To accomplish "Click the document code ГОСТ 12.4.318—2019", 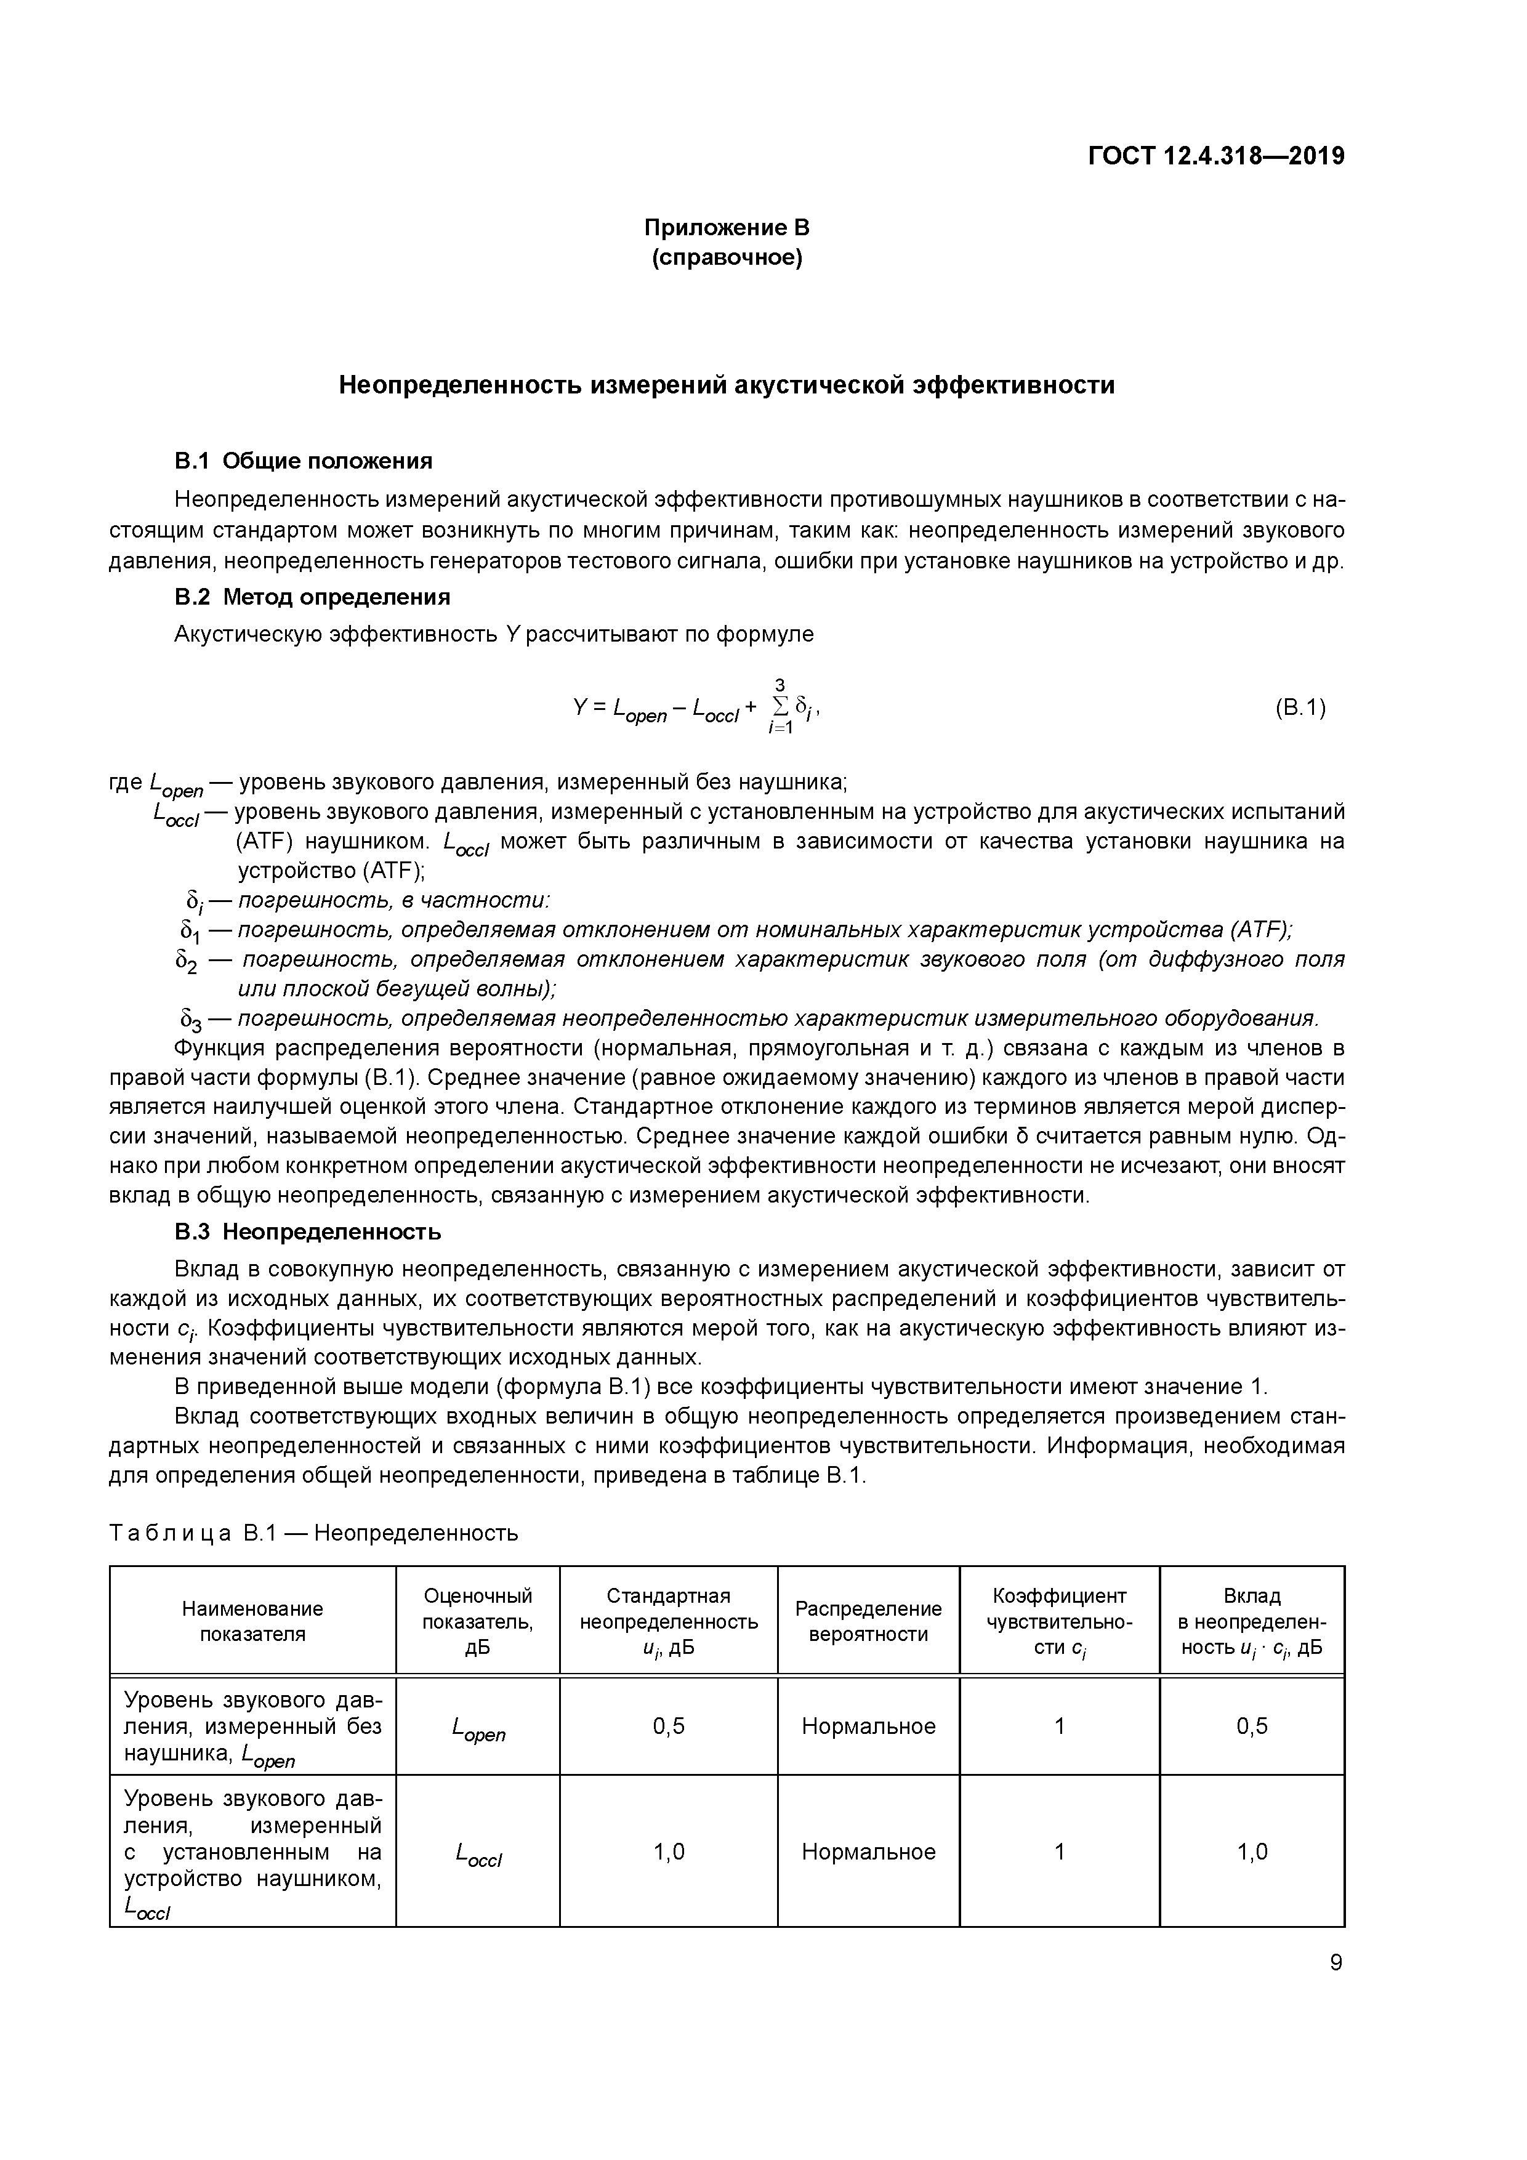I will tap(1215, 156).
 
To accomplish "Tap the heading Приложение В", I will tap(727, 228).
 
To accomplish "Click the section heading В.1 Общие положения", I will tap(303, 461).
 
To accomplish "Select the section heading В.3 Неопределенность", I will tap(308, 1231).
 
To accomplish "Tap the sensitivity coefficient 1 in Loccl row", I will tap(1060, 1852).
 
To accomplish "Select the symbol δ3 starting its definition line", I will tap(190, 1020).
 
